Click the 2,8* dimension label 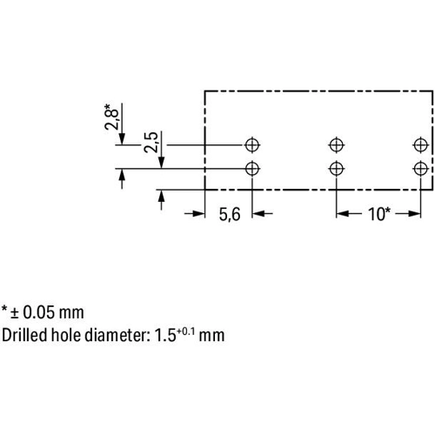pyautogui.click(x=111, y=117)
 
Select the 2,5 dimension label pyautogui.click(x=151, y=142)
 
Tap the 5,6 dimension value pyautogui.click(x=230, y=215)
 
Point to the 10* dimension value pyautogui.click(x=379, y=214)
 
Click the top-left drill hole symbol pyautogui.click(x=252, y=144)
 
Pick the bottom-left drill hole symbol pyautogui.click(x=252, y=169)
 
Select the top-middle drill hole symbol pyautogui.click(x=337, y=144)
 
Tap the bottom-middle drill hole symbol pyautogui.click(x=337, y=169)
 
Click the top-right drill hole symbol pyautogui.click(x=421, y=144)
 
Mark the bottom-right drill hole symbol pyautogui.click(x=421, y=169)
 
